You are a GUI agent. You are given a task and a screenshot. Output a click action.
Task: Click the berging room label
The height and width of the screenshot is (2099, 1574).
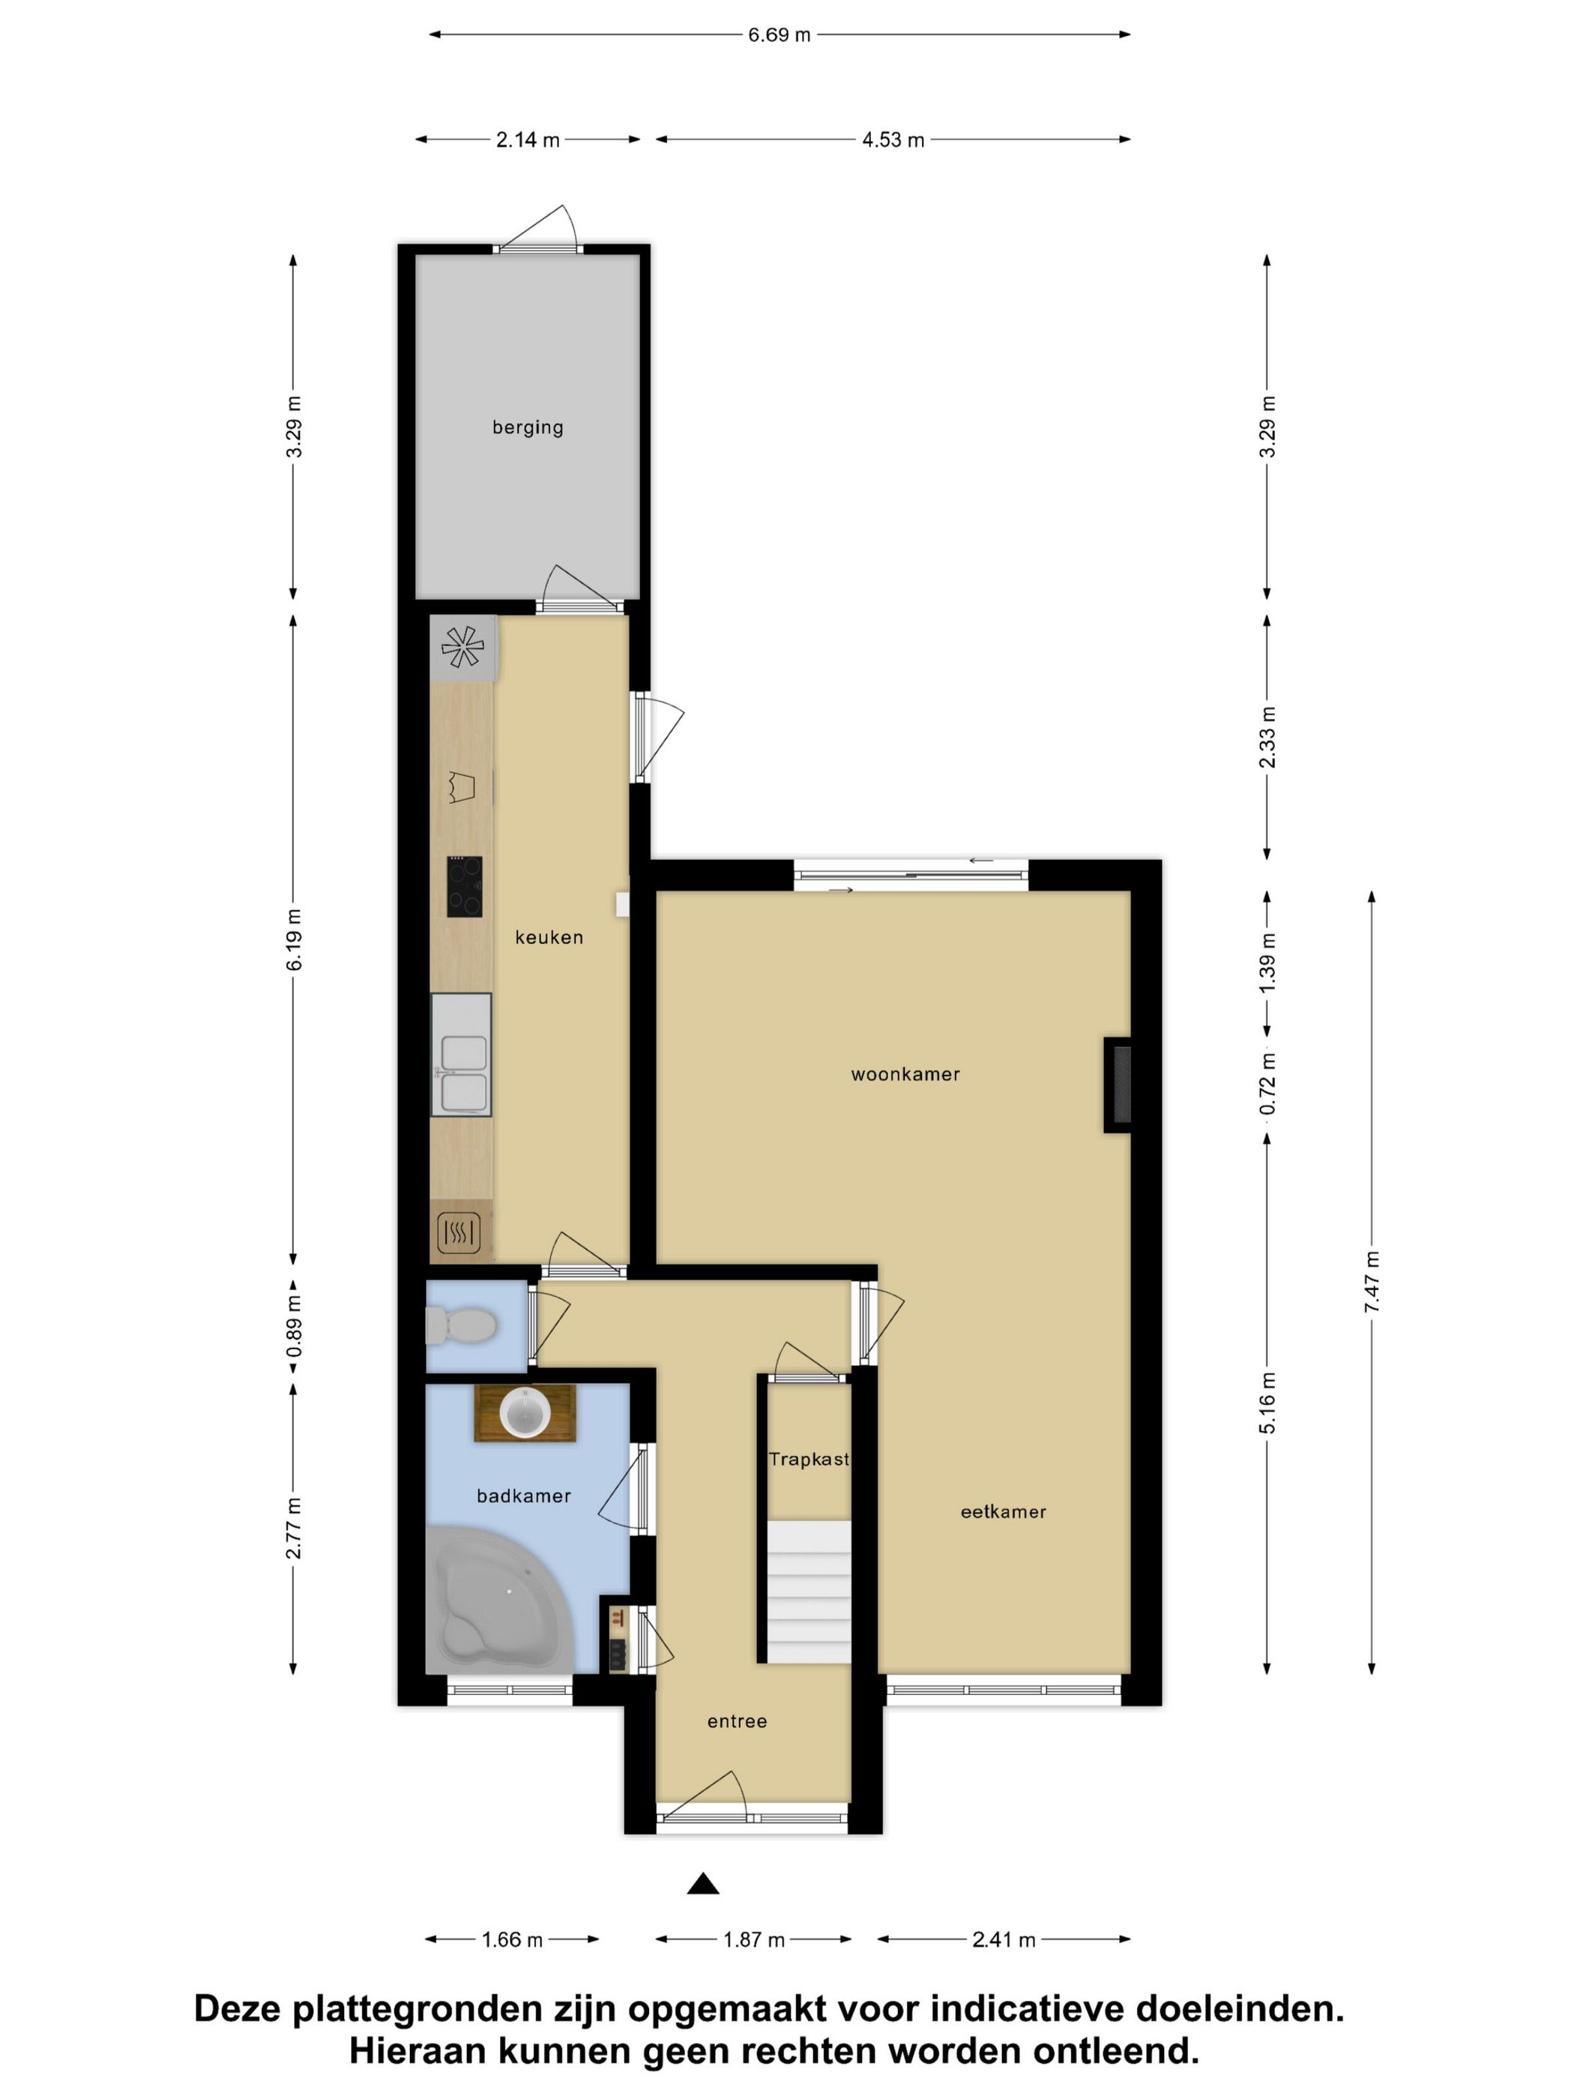[x=528, y=427]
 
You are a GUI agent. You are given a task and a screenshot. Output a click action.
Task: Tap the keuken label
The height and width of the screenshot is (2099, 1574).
[x=549, y=938]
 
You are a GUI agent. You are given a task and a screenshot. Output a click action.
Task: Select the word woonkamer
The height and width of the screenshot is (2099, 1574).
[x=905, y=1074]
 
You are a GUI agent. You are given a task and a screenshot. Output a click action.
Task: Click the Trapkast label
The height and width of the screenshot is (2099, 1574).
[x=808, y=1460]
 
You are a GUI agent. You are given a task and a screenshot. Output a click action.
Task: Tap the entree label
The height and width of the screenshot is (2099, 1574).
[x=736, y=1721]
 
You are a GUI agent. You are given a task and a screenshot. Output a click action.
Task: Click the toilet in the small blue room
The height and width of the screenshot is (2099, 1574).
[x=461, y=1325]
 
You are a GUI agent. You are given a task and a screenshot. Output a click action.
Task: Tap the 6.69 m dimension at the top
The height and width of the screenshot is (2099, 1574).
[x=779, y=35]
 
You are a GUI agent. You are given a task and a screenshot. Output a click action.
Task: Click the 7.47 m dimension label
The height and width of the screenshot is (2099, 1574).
[x=1372, y=1282]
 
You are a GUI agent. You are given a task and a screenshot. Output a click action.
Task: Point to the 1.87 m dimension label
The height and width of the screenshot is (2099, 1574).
[x=754, y=1939]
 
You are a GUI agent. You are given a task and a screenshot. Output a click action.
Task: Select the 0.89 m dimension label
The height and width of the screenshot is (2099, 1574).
[x=294, y=1325]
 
